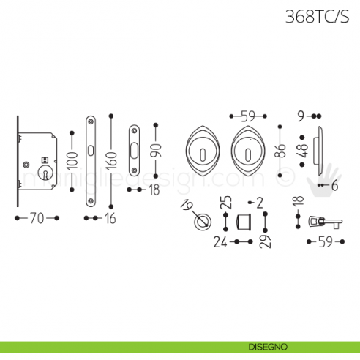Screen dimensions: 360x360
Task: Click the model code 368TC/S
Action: [x=317, y=17]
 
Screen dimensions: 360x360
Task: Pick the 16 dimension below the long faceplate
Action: [x=110, y=217]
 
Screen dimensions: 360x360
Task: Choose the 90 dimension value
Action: [x=155, y=149]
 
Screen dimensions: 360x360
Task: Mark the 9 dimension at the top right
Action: [x=301, y=116]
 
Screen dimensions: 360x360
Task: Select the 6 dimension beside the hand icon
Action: [x=334, y=185]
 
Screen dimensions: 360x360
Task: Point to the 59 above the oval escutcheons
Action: [x=247, y=116]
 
